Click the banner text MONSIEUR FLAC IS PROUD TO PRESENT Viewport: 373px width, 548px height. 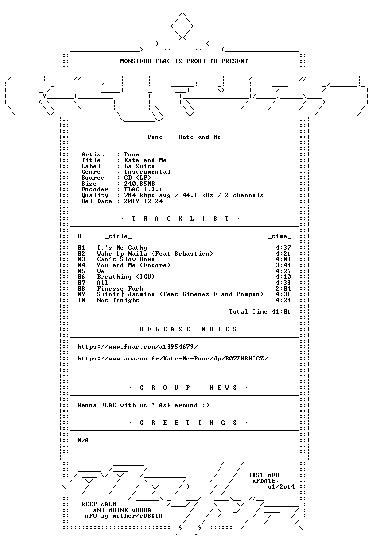184,61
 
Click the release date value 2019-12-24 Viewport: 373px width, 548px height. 143,201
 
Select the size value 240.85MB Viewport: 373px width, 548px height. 139,184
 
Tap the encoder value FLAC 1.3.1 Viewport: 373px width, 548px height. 143,189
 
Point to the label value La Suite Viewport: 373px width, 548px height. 139,166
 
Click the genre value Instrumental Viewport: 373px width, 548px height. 147,172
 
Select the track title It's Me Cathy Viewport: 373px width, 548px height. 122,248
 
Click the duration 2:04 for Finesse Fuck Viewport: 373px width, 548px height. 283,289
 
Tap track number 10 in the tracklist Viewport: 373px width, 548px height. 81,300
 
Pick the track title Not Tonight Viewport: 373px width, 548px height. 118,300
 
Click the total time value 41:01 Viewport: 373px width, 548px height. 281,312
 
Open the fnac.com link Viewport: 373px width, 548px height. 137,347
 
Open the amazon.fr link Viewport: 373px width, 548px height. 172,359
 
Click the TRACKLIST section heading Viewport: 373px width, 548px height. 180,219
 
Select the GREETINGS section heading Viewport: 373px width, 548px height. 188,423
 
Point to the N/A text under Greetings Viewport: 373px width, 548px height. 83,440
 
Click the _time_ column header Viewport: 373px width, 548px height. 279,236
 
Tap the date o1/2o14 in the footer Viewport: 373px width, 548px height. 281,487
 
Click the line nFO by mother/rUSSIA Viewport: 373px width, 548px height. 124,516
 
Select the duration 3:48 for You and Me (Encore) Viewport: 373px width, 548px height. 283,265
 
